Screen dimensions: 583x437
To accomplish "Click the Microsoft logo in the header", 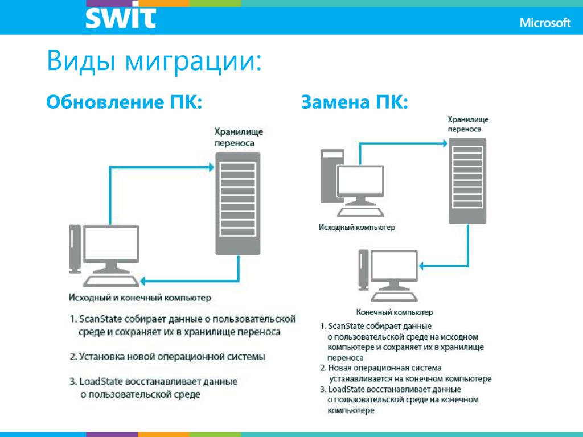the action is (x=545, y=23).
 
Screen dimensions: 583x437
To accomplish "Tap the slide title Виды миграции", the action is (x=154, y=61).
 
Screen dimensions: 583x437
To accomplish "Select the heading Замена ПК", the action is (x=354, y=103).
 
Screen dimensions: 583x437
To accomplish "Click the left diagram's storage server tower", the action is (x=238, y=203).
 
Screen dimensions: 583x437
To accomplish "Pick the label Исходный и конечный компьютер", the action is (x=140, y=298).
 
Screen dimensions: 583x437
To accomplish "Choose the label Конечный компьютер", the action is (x=395, y=312).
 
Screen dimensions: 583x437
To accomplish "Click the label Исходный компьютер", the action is (x=357, y=228).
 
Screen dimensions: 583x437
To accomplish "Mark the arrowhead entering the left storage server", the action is (x=210, y=167).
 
